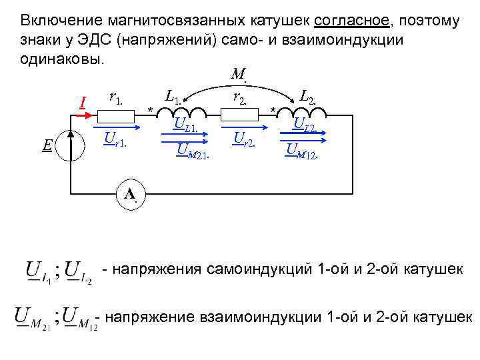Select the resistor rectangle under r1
115,114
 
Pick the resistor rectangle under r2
239,114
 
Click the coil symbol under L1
177,111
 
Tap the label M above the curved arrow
237,75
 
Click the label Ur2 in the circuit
244,139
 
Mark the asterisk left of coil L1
151,109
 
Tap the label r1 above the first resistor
115,98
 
